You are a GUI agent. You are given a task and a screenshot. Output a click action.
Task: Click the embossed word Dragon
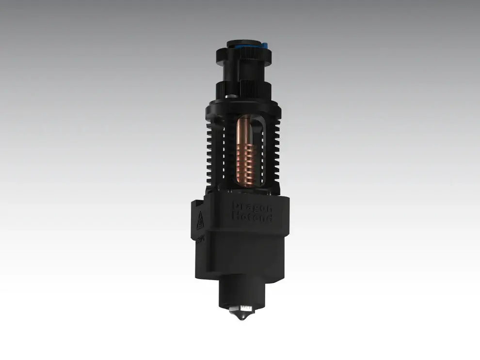[253, 207]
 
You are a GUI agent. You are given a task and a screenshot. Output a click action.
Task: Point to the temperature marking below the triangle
[200, 239]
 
